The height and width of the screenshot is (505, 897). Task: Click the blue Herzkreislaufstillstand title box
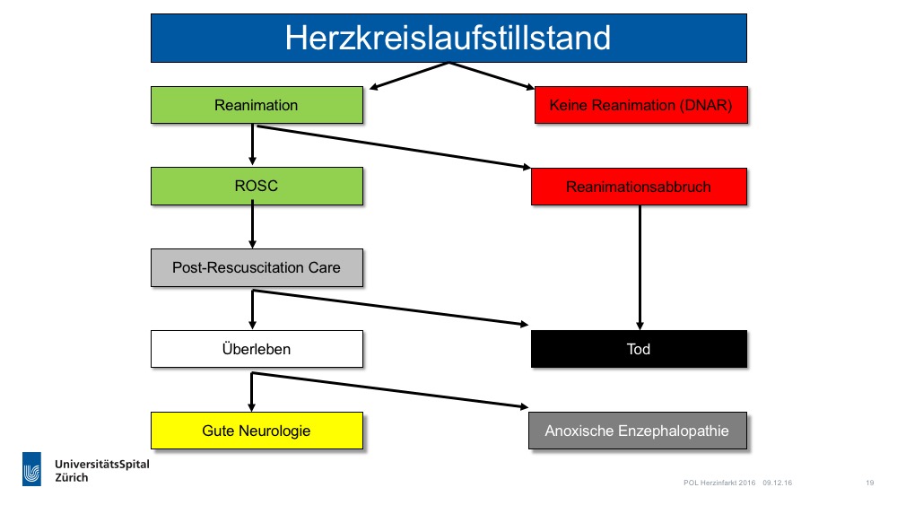click(448, 39)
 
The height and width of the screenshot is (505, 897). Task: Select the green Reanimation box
click(257, 105)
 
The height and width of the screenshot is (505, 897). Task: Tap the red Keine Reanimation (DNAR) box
click(640, 105)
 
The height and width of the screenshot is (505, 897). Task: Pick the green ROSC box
click(257, 186)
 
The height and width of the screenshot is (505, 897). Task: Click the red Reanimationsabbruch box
click(639, 187)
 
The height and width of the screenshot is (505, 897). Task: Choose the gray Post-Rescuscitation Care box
click(257, 267)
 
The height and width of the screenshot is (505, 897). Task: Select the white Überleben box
click(257, 349)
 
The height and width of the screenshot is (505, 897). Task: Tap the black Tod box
click(639, 349)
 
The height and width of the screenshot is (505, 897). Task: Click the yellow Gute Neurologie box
click(257, 431)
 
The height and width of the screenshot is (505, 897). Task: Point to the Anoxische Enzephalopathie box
click(637, 431)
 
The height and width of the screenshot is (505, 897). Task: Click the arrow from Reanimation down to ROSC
click(252, 144)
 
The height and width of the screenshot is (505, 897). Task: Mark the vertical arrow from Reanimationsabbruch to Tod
click(640, 267)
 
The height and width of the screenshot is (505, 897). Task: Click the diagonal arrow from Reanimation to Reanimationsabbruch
click(394, 147)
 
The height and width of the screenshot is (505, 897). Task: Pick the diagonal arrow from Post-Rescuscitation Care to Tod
click(390, 308)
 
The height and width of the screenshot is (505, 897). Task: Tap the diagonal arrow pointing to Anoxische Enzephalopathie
click(389, 390)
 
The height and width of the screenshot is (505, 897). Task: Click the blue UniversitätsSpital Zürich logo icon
click(32, 469)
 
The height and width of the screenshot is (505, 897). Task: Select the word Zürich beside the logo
click(72, 477)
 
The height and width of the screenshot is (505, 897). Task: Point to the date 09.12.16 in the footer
click(777, 483)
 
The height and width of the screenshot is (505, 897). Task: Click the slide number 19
click(869, 483)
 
